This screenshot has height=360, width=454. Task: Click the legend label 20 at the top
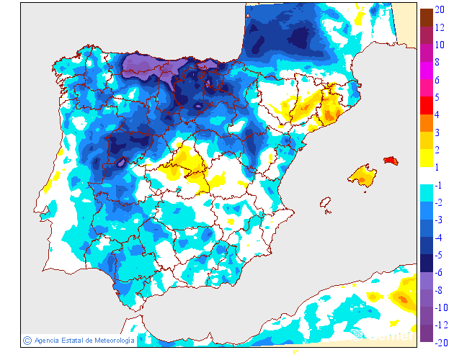tap(440, 9)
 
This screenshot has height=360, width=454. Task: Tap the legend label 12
tap(440, 27)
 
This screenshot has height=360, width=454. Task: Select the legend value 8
tap(437, 62)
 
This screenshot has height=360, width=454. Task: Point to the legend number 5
tap(437, 97)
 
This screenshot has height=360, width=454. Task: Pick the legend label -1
tap(438, 185)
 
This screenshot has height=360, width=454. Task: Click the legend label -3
tap(438, 220)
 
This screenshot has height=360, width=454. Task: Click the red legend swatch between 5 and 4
tap(426, 106)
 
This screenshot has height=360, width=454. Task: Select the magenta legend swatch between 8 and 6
tap(426, 71)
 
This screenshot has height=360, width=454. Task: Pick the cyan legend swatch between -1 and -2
tap(426, 194)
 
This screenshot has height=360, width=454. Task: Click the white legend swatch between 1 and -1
tap(426, 176)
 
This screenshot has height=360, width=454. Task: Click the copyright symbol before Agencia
tap(27, 340)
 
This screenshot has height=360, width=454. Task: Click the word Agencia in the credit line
tap(47, 340)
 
